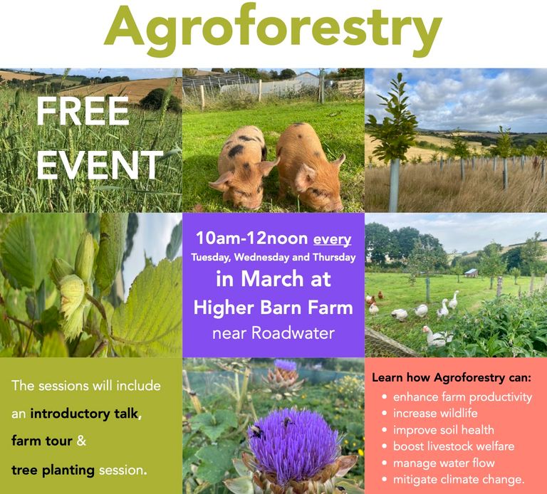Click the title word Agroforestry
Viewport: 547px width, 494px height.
(x=273, y=30)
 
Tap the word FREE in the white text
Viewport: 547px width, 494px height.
(x=83, y=111)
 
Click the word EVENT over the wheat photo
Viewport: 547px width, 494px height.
(x=100, y=165)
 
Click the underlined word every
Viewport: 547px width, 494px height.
(x=332, y=239)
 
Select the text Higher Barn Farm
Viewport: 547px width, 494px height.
(x=273, y=308)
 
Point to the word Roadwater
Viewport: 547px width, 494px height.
(x=293, y=333)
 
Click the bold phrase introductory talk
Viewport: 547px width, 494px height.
(x=84, y=414)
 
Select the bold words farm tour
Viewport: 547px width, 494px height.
(x=41, y=441)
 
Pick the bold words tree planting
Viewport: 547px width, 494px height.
(x=53, y=471)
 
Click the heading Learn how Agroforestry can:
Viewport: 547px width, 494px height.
(x=452, y=377)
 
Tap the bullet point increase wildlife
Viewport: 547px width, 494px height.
(x=435, y=413)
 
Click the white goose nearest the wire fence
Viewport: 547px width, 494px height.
(x=438, y=336)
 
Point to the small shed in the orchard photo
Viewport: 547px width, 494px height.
(x=472, y=273)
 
